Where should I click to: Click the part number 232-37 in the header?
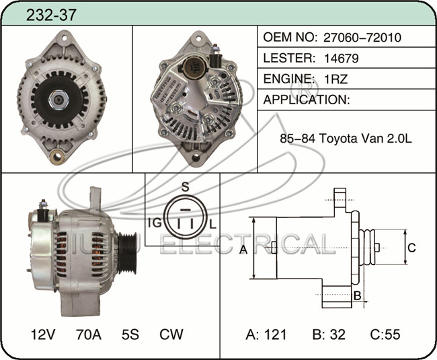click(51, 15)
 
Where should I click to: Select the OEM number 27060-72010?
click(362, 38)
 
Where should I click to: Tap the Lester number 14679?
click(342, 59)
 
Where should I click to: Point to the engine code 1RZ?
click(336, 79)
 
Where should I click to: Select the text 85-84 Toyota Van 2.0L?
click(346, 138)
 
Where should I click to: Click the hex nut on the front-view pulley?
click(58, 100)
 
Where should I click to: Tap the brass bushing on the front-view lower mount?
click(57, 157)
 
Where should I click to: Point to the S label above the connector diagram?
click(186, 186)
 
